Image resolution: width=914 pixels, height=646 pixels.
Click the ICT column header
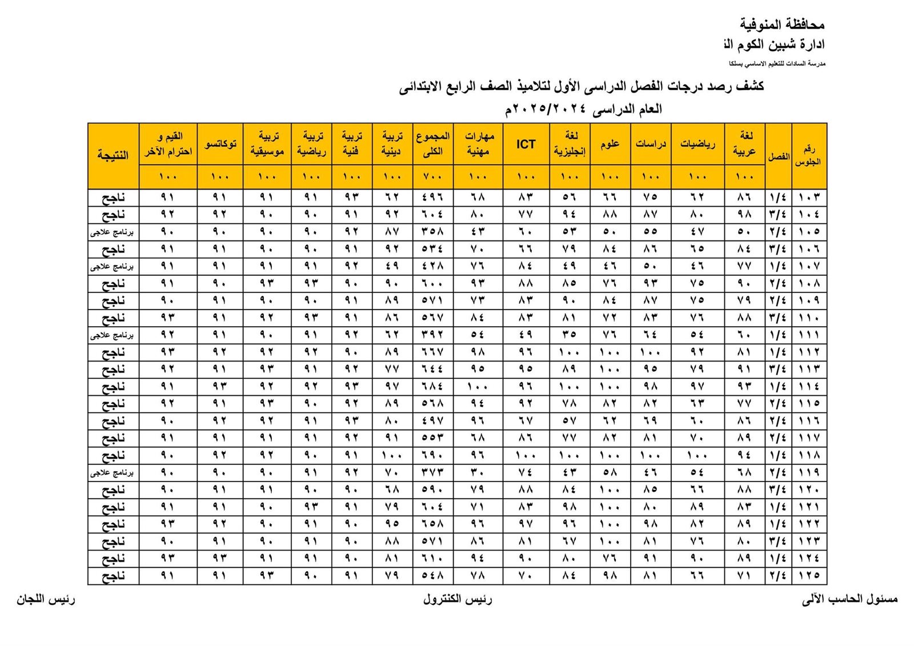pos(526,144)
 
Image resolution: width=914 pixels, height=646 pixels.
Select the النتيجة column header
pos(113,155)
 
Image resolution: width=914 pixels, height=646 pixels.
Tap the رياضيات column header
pos(697,144)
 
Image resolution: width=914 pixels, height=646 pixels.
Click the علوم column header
pos(610,144)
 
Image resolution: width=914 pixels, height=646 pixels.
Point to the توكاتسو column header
pos(220,144)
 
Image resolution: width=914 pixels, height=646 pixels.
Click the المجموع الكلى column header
pos(432,144)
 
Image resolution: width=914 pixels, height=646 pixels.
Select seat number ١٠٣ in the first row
pos(809,198)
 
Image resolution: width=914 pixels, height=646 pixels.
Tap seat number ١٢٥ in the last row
pos(809,576)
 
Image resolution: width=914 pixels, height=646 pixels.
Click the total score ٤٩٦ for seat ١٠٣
pos(432,198)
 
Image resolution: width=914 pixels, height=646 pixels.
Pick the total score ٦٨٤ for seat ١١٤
pos(432,387)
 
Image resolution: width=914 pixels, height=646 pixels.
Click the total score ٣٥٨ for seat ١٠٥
pos(432,232)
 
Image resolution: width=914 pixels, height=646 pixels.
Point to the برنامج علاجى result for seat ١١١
pos(113,335)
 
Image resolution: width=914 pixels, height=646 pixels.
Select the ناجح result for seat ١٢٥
pos(113,576)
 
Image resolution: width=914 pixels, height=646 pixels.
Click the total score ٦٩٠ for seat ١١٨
pos(432,456)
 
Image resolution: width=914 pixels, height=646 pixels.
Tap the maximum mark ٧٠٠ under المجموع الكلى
pos(432,177)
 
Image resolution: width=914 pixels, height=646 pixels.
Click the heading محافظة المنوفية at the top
pos(782,25)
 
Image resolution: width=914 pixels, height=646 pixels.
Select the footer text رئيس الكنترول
pos(458,599)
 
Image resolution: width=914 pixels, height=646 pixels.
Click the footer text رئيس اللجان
pos(46,599)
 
